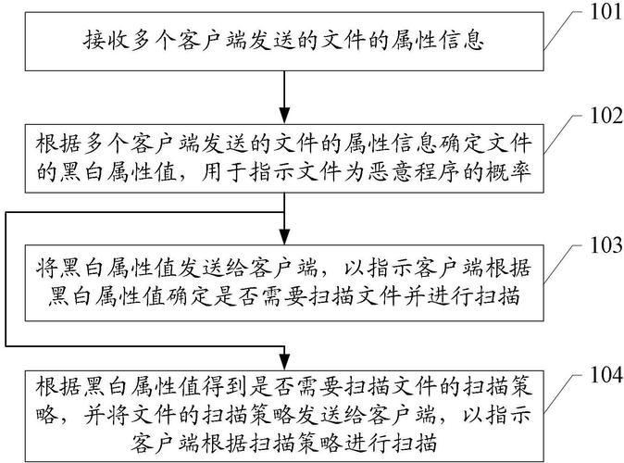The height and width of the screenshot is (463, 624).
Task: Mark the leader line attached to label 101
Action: point(558,31)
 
